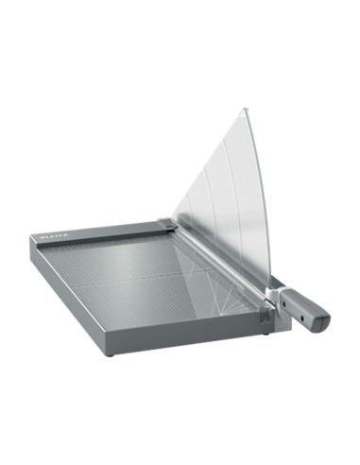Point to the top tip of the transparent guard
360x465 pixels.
coord(244,110)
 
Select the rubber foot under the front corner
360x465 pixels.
coord(111,353)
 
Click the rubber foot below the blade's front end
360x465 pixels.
coord(266,331)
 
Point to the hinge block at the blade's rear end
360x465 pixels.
coord(168,224)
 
